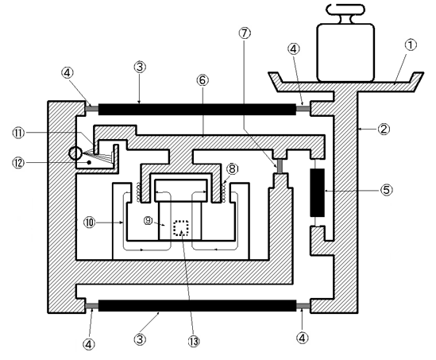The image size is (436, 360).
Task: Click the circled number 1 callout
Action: click(411, 45)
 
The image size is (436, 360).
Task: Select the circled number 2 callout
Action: click(384, 129)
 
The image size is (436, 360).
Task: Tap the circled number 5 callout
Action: click(387, 190)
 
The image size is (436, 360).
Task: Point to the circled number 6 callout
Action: click(203, 80)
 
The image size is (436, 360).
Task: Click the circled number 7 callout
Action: click(245, 33)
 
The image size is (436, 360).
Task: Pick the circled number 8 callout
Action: click(233, 168)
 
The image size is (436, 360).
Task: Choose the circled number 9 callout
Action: click(149, 221)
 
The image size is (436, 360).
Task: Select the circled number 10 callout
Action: click(90, 223)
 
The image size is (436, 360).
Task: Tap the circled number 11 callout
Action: click(18, 133)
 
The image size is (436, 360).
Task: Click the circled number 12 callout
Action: click(18, 163)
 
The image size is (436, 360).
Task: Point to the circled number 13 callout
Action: click(194, 341)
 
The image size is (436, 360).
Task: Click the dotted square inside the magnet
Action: click(181, 228)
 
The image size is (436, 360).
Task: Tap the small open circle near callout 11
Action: click(75, 153)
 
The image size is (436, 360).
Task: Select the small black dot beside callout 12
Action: click(89, 162)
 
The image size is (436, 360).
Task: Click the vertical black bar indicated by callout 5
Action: click(317, 192)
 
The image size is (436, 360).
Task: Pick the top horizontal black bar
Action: click(197, 110)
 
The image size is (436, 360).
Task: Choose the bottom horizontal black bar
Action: click(197, 305)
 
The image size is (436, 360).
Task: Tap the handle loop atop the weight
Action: click(345, 9)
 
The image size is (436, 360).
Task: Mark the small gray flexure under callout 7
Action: click(280, 165)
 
